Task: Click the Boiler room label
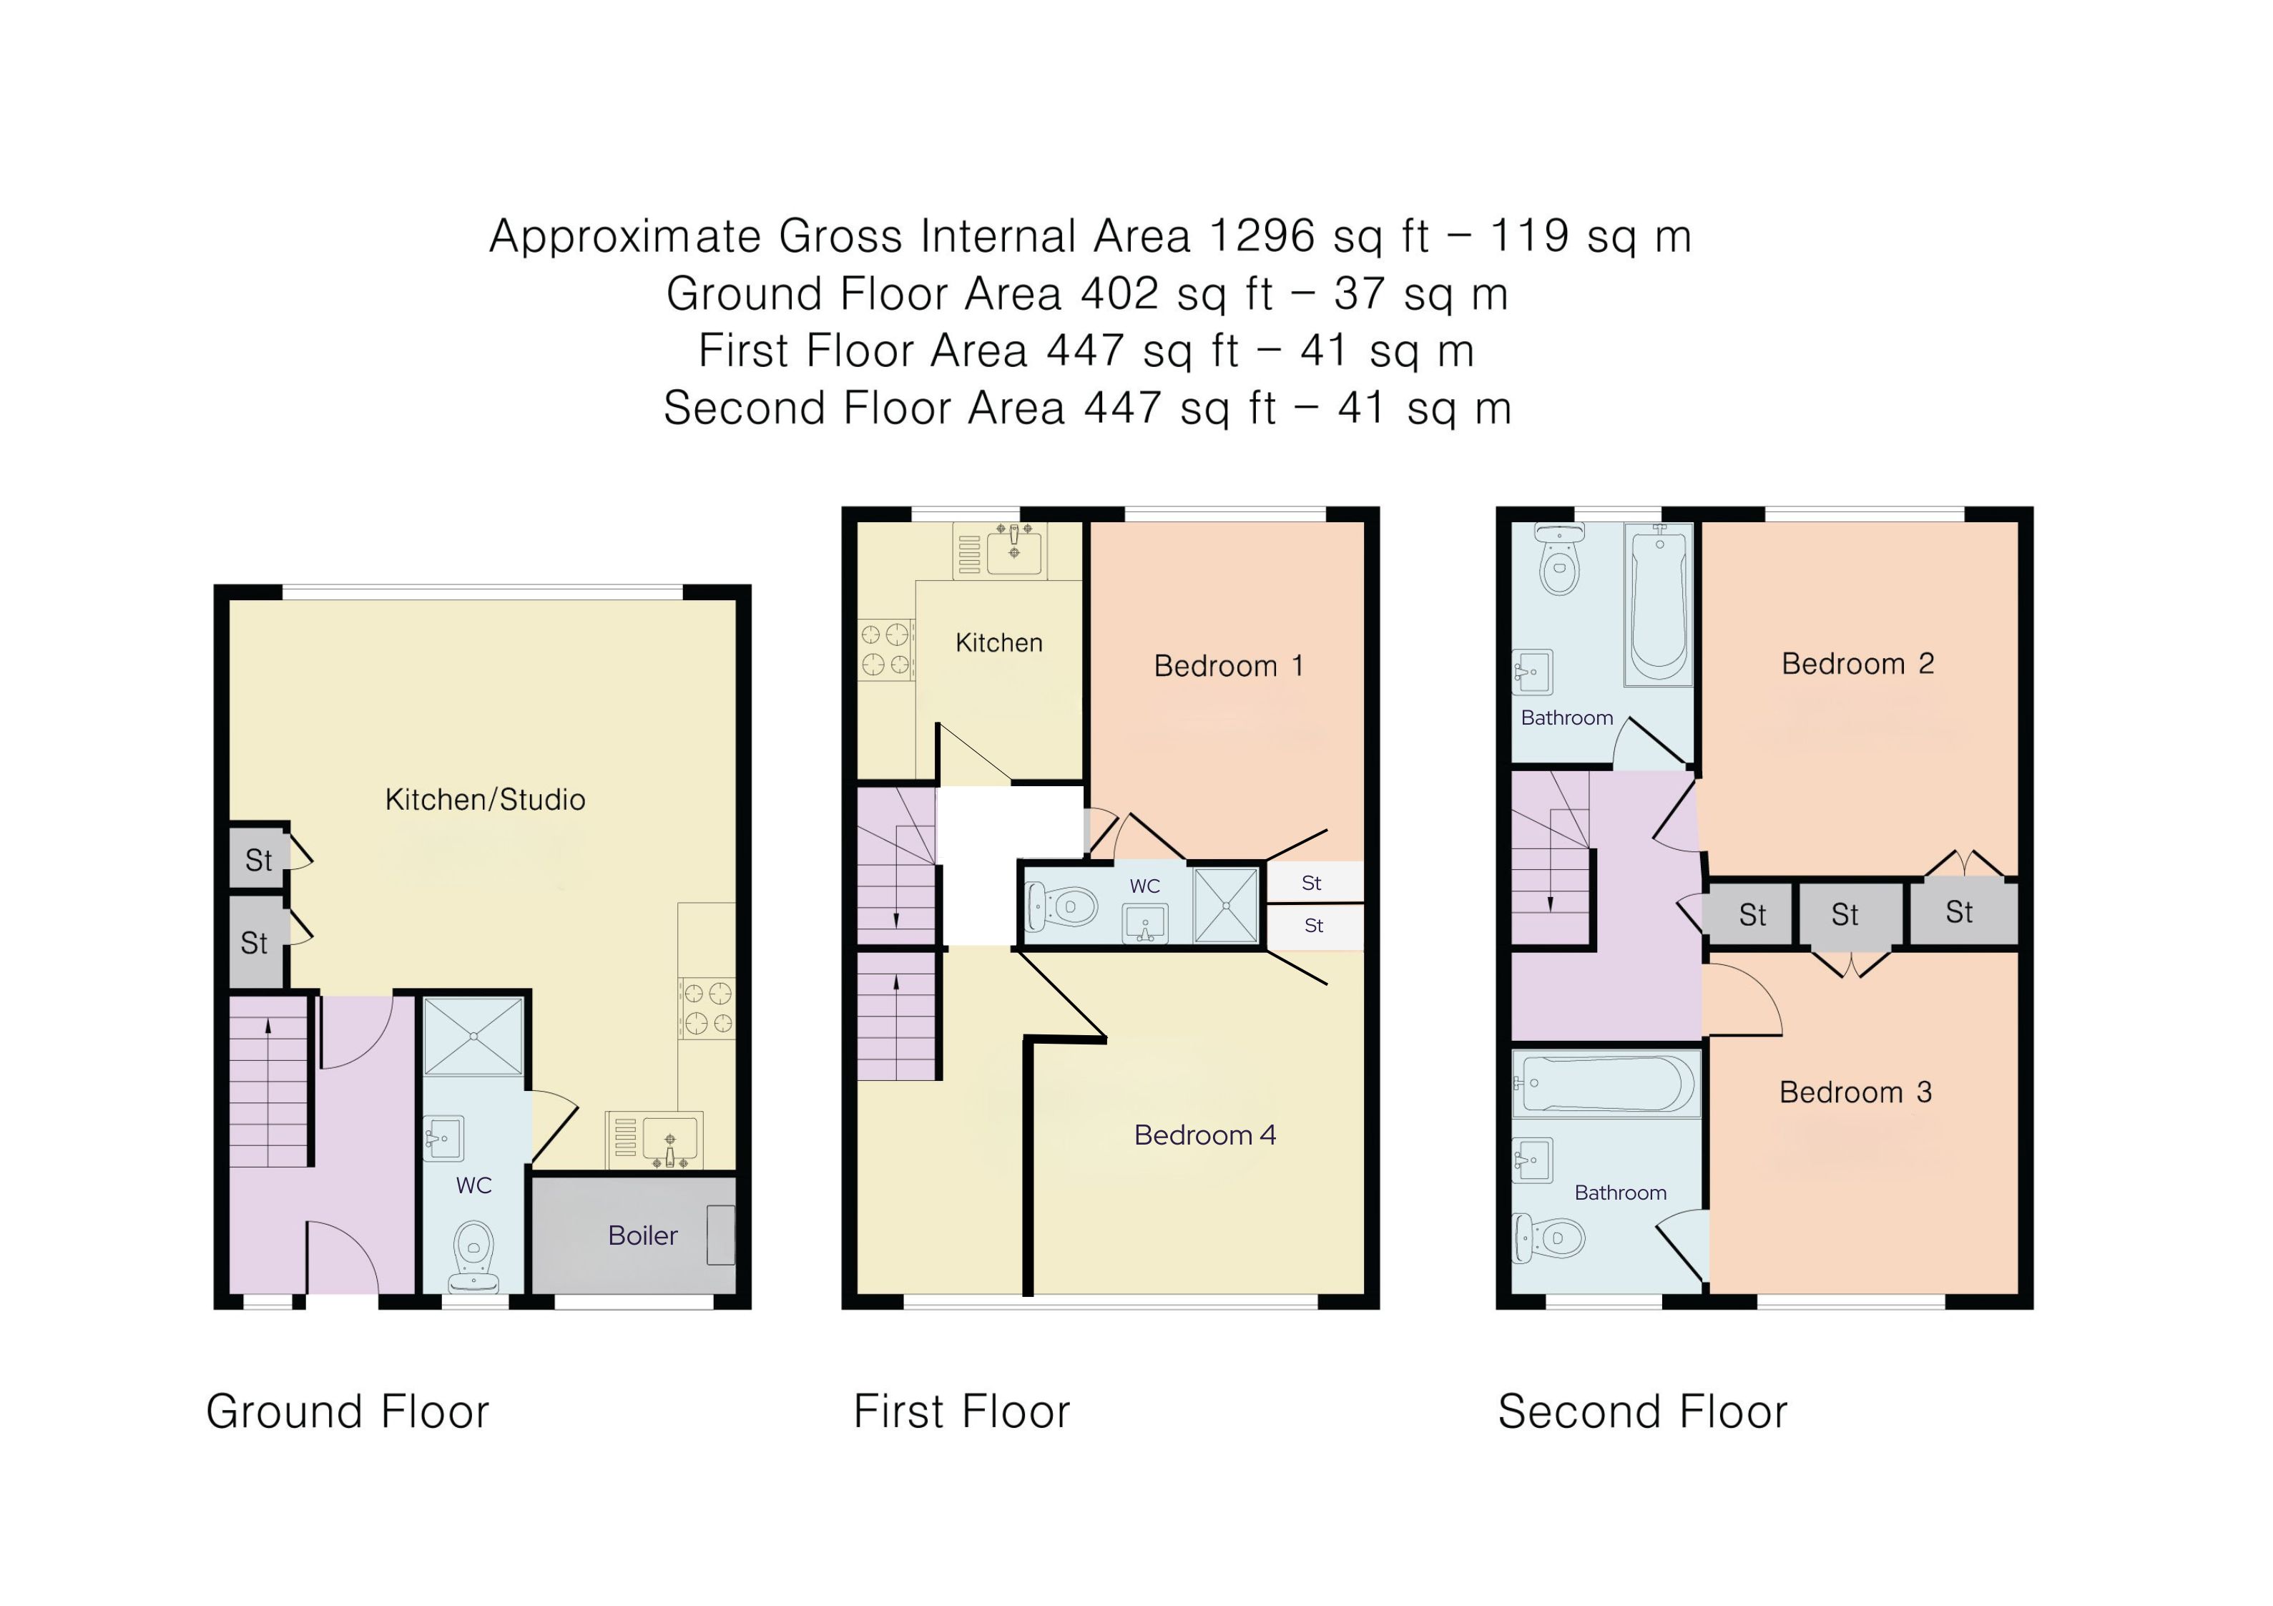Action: [x=642, y=1235]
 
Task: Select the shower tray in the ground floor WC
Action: [x=473, y=1036]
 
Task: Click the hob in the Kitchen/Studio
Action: [x=706, y=1008]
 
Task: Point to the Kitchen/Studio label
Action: [x=485, y=800]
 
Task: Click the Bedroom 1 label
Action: [x=1229, y=666]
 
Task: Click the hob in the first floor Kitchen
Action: [x=885, y=649]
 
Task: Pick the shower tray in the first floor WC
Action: [x=1226, y=905]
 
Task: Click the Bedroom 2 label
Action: [x=1857, y=663]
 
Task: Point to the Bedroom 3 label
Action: [x=1855, y=1092]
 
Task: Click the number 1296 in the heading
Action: [x=1262, y=235]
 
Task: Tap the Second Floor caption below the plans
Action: [x=1642, y=1412]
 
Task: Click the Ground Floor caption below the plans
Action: [x=348, y=1412]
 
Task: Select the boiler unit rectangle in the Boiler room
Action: [x=721, y=1235]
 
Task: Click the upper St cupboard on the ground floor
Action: [x=258, y=859]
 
